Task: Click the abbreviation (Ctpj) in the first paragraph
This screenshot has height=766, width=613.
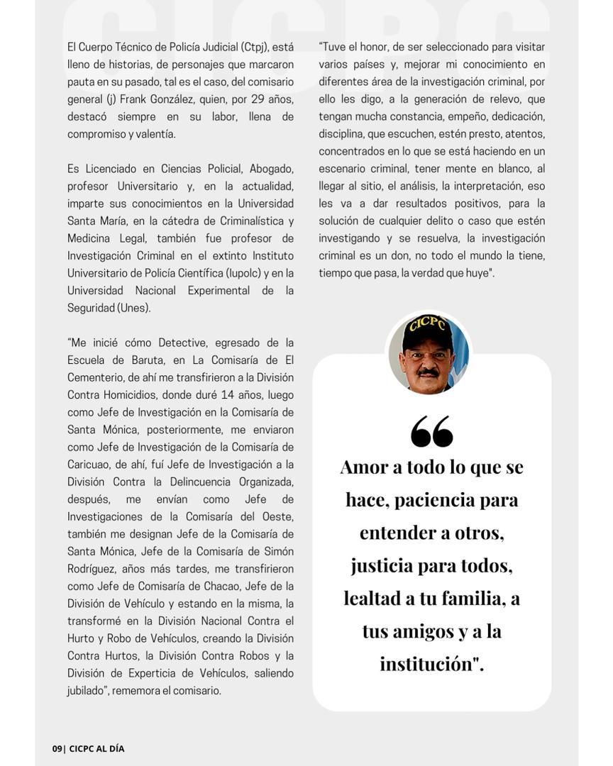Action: click(253, 48)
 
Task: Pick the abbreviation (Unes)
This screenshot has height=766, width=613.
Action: click(134, 308)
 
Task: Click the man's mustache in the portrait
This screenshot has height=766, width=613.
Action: click(427, 372)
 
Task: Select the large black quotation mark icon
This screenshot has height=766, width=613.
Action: click(431, 431)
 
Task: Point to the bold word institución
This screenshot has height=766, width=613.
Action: click(427, 664)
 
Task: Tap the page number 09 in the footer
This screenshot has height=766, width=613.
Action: click(57, 748)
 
